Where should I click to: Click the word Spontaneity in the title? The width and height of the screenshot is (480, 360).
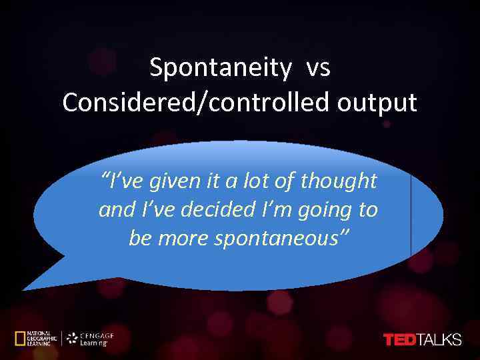point(221,67)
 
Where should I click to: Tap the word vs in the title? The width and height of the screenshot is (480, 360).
point(318,67)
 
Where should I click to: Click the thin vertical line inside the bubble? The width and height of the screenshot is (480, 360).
point(411,213)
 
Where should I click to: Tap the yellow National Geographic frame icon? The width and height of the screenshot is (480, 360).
point(21,338)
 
